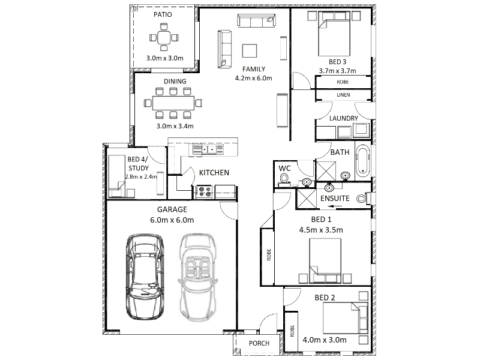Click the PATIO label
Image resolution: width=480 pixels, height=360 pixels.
click(x=163, y=14)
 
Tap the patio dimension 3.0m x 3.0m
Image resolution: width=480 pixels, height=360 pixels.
click(x=164, y=58)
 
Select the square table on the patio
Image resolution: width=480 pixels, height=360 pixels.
click(x=164, y=38)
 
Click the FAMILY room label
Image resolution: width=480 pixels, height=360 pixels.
click(x=253, y=69)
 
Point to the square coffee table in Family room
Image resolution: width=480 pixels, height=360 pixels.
click(x=250, y=51)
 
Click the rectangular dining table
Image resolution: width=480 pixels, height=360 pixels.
click(x=173, y=103)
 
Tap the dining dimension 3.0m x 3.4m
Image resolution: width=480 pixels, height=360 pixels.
click(x=175, y=126)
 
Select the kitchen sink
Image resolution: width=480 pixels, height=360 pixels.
click(x=208, y=149)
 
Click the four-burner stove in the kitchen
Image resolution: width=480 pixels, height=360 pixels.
click(x=205, y=192)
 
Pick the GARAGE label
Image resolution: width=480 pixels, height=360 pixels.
click(x=172, y=209)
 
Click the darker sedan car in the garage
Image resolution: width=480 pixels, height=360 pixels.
click(x=145, y=277)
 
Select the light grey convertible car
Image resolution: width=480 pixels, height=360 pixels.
click(x=197, y=278)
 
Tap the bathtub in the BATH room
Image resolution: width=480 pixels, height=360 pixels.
click(x=362, y=161)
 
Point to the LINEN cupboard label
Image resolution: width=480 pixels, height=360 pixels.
click(x=343, y=95)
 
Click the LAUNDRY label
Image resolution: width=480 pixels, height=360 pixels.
click(x=343, y=118)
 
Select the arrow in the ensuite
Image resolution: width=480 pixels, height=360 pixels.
click(x=335, y=206)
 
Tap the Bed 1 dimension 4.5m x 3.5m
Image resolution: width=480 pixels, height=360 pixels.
click(x=321, y=230)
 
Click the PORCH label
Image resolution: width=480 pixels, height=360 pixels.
click(x=259, y=343)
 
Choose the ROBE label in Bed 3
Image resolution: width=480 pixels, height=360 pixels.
click(x=343, y=82)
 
